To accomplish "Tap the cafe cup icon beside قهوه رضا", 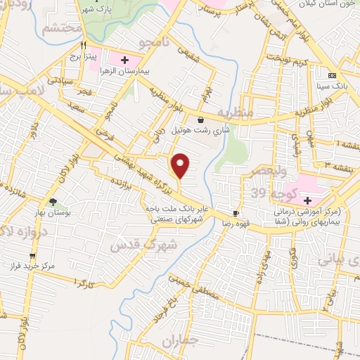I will [x=236, y=213].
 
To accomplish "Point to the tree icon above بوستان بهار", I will [x=53, y=201].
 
